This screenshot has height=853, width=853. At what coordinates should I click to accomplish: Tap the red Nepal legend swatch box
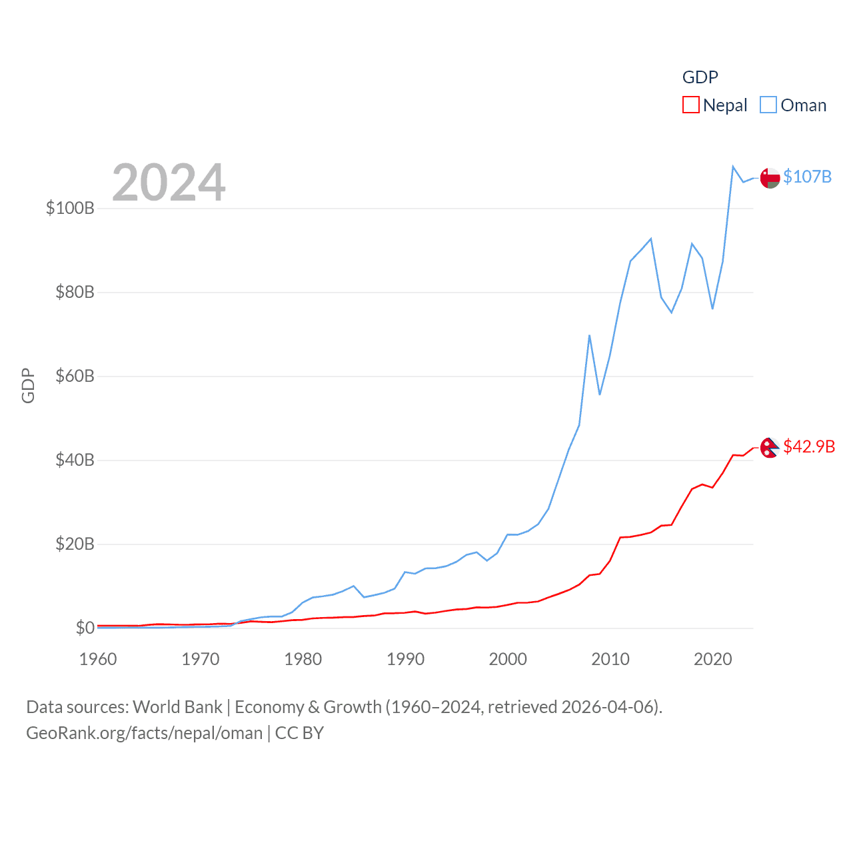click(x=691, y=105)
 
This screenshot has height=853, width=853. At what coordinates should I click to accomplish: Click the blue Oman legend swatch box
click(x=768, y=105)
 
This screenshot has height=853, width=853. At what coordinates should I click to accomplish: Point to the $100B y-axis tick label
click(x=70, y=208)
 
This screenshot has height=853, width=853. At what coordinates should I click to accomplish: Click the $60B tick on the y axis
click(x=75, y=376)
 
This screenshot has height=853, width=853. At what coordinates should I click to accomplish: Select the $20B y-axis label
click(x=75, y=544)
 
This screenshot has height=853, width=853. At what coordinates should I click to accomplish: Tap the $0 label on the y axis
click(x=85, y=628)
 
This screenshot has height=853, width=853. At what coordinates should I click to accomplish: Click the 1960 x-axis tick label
click(x=98, y=659)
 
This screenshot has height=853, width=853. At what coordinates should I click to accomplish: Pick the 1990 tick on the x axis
click(x=405, y=659)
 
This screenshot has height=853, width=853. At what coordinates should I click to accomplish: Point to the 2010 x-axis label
click(x=610, y=659)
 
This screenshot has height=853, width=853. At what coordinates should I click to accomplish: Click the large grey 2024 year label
click(x=169, y=183)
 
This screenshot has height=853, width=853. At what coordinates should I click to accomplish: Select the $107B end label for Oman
click(x=807, y=177)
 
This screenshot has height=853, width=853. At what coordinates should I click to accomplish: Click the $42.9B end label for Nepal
click(x=809, y=446)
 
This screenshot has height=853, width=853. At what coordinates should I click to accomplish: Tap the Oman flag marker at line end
click(x=770, y=178)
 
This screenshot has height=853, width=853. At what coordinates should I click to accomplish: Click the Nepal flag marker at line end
click(x=770, y=448)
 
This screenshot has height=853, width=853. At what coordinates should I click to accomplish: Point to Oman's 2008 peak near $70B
click(x=590, y=336)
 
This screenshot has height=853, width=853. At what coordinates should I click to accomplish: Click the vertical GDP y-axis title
click(x=28, y=385)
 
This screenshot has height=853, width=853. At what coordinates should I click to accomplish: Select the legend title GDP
click(x=700, y=77)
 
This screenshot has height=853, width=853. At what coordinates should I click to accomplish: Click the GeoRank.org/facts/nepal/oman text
click(x=145, y=733)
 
